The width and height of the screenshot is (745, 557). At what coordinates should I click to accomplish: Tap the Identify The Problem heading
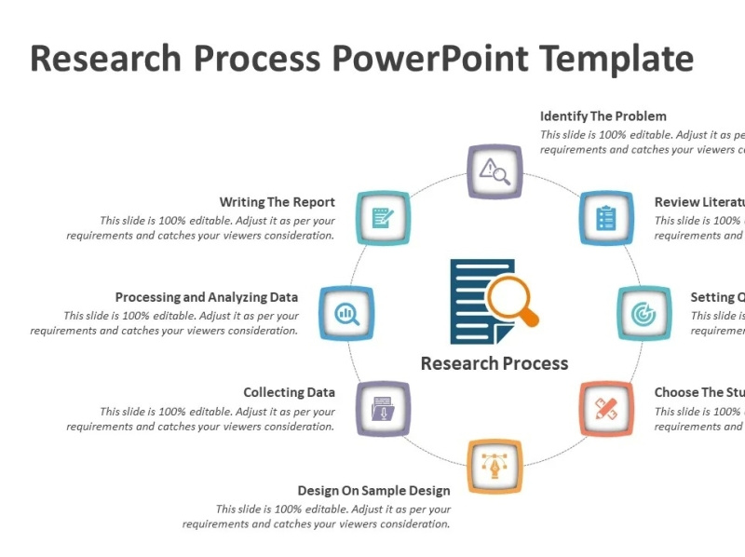603,116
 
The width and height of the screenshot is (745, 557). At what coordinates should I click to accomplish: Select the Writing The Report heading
277,202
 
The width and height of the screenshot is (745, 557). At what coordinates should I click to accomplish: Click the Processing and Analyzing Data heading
207,297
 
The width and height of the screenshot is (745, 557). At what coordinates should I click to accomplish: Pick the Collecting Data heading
289,392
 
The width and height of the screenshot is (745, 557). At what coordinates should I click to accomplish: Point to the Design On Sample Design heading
373,490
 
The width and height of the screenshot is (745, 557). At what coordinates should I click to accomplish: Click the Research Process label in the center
494,363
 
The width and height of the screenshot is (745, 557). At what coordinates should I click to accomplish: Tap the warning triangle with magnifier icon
494,171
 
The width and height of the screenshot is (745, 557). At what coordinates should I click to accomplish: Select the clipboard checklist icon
606,218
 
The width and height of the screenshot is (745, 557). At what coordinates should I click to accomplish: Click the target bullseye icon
643,314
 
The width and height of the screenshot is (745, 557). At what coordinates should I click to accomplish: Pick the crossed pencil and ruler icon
606,408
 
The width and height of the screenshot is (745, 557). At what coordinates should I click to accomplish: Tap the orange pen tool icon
494,464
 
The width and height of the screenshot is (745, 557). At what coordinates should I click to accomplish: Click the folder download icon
383,408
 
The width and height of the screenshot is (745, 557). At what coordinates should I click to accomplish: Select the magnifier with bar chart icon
345,314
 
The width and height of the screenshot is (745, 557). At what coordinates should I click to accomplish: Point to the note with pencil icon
383,218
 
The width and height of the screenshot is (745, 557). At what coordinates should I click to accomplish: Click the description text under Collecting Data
200,419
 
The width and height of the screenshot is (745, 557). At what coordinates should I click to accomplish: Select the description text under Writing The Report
200,228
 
